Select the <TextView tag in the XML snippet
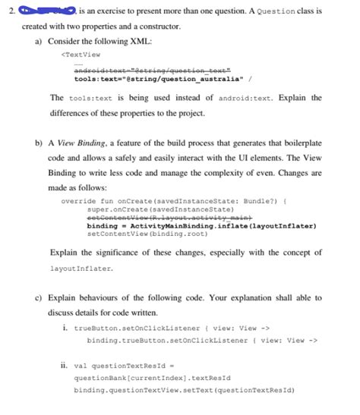click(81, 54)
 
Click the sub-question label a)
click(39, 39)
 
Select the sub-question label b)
click(39, 142)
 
